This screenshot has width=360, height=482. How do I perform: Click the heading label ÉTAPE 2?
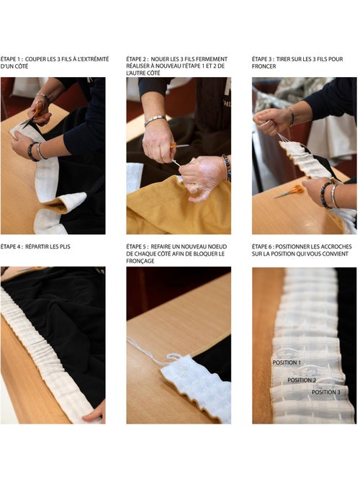click(x=136, y=59)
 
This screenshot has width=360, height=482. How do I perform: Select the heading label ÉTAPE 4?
click(x=11, y=246)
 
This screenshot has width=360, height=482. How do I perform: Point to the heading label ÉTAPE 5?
click(x=136, y=246)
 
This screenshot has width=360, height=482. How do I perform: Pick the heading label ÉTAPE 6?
click(x=262, y=246)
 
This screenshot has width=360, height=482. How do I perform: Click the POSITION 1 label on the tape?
click(x=287, y=362)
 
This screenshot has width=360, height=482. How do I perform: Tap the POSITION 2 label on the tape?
click(x=302, y=380)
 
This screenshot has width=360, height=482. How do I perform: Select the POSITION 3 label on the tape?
click(x=326, y=392)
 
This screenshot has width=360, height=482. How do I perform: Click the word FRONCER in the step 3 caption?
click(x=264, y=66)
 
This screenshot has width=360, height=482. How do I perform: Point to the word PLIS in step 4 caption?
click(x=64, y=246)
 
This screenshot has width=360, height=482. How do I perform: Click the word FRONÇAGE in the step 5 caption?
click(x=140, y=261)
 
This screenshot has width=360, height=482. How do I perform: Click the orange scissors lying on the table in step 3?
click(x=289, y=191)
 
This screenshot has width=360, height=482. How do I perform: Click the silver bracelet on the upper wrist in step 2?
click(x=155, y=120)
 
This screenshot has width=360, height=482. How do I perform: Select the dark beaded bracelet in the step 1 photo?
click(x=32, y=151)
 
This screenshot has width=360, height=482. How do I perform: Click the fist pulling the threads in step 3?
click(x=271, y=121)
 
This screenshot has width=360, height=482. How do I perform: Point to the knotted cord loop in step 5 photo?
click(x=174, y=357)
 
